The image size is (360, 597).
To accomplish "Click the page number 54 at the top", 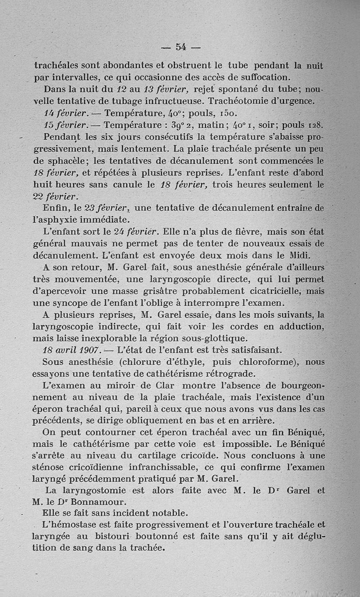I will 181,46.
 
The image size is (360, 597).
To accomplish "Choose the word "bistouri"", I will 106,537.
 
